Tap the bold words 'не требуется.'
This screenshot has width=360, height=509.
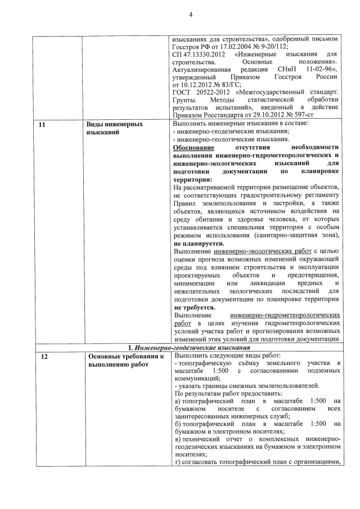pyautogui.click(x=195, y=308)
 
